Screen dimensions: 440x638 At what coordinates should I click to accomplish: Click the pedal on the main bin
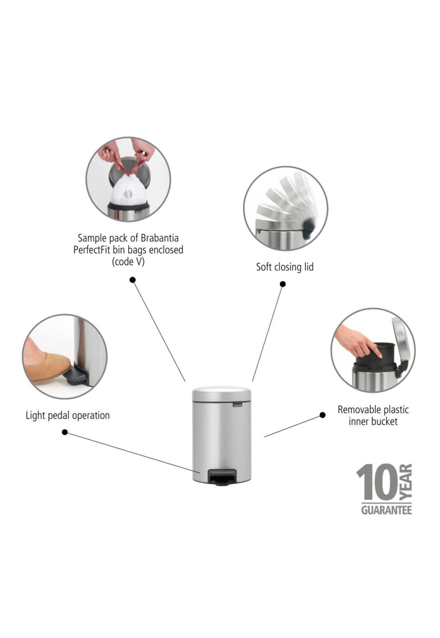[x=218, y=477]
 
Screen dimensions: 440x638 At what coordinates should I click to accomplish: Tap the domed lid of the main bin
[x=222, y=391]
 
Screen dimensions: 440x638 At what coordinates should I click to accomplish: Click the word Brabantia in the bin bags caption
[x=160, y=238]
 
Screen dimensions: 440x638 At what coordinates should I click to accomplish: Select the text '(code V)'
[x=128, y=262]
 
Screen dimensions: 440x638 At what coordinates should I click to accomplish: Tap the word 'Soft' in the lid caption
[x=263, y=267]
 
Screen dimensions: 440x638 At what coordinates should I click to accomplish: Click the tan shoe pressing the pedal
[x=47, y=358]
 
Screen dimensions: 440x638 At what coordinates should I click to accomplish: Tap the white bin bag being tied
[x=129, y=190]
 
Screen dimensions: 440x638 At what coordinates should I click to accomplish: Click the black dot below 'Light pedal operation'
[x=65, y=432]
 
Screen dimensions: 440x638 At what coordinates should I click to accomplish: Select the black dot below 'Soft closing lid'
[x=282, y=284]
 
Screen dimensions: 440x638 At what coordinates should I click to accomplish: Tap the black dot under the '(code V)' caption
[x=132, y=280]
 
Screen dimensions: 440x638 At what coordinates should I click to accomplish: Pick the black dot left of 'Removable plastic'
[x=322, y=415]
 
